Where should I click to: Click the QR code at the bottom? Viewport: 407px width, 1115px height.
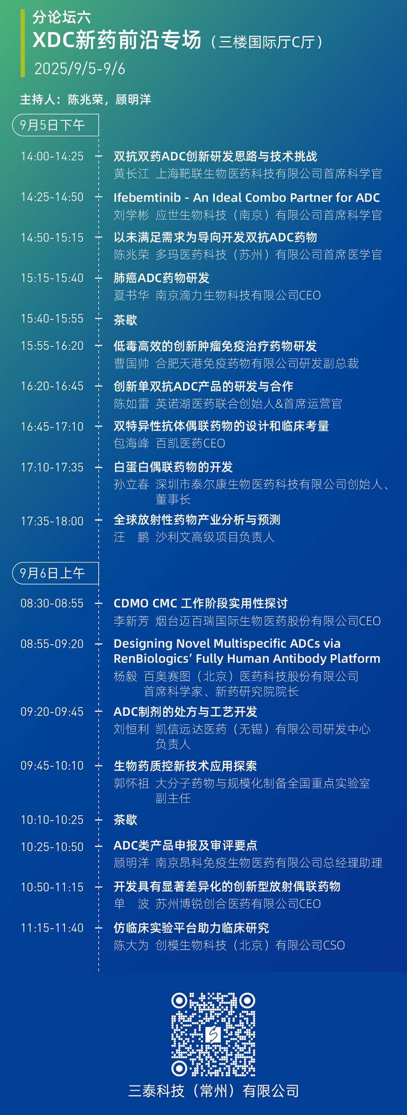tap(213, 1034)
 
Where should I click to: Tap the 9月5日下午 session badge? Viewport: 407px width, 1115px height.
tap(55, 125)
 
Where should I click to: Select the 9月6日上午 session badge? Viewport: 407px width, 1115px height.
tap(55, 573)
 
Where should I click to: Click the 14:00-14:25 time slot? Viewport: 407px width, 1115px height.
tap(52, 156)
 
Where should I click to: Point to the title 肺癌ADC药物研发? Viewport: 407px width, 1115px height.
tap(162, 278)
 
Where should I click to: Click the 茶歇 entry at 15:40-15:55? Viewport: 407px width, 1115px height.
tap(125, 320)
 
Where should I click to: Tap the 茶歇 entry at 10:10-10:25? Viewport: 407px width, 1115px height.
tap(125, 819)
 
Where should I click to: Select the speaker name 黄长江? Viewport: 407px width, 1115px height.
tap(131, 174)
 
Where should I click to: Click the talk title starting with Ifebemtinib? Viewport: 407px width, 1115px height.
tap(247, 198)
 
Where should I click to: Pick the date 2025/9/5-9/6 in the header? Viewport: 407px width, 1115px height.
tap(80, 69)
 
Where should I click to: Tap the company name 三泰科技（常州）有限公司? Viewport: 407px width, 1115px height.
tap(213, 1091)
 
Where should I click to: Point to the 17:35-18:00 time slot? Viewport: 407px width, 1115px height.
tap(52, 521)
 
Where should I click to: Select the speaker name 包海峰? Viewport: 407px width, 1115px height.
tap(131, 443)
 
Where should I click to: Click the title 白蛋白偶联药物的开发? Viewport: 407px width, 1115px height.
tap(173, 467)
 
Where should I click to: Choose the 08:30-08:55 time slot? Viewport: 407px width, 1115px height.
tap(52, 603)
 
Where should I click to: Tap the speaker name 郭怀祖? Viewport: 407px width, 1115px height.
tap(131, 783)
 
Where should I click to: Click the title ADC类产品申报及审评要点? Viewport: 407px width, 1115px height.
tap(185, 845)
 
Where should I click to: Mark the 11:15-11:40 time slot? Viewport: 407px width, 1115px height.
tap(52, 927)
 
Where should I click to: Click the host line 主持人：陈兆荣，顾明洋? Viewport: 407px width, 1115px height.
tap(86, 99)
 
